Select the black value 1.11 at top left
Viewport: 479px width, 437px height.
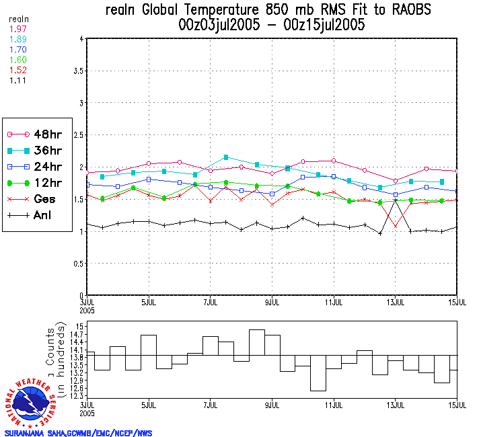(x=17, y=80)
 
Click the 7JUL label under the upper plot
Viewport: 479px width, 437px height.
(x=211, y=301)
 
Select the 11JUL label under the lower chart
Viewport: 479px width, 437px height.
(x=334, y=405)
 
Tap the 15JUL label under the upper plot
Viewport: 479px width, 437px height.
(x=457, y=301)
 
